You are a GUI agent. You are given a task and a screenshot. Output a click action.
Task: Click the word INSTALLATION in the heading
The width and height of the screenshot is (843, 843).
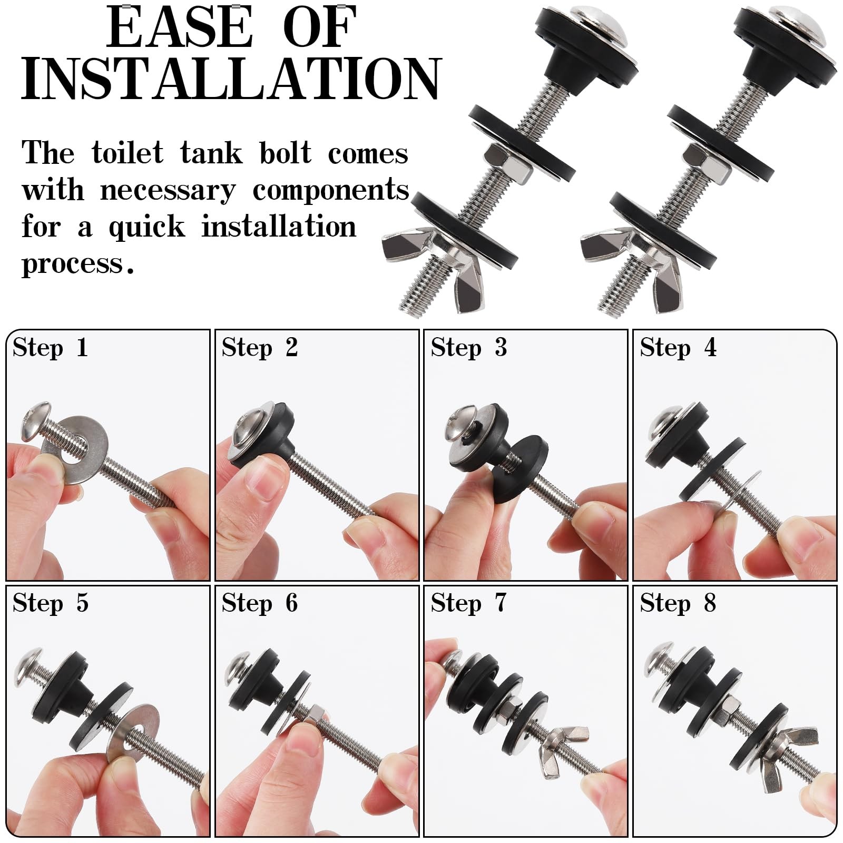coord(231,79)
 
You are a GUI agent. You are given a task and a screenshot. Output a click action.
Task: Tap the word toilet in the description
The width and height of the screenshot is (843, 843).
coord(128,153)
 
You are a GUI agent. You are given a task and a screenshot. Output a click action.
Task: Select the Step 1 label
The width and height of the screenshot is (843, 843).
coord(50,348)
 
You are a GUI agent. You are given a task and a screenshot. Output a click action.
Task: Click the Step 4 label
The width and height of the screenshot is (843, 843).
coord(678,348)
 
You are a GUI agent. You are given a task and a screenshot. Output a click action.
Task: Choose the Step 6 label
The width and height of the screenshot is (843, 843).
coord(260,603)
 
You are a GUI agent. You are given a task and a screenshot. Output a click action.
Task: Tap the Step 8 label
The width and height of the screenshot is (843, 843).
coord(678,603)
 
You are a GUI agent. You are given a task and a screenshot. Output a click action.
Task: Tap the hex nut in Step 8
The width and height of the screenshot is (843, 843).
coord(724,706)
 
